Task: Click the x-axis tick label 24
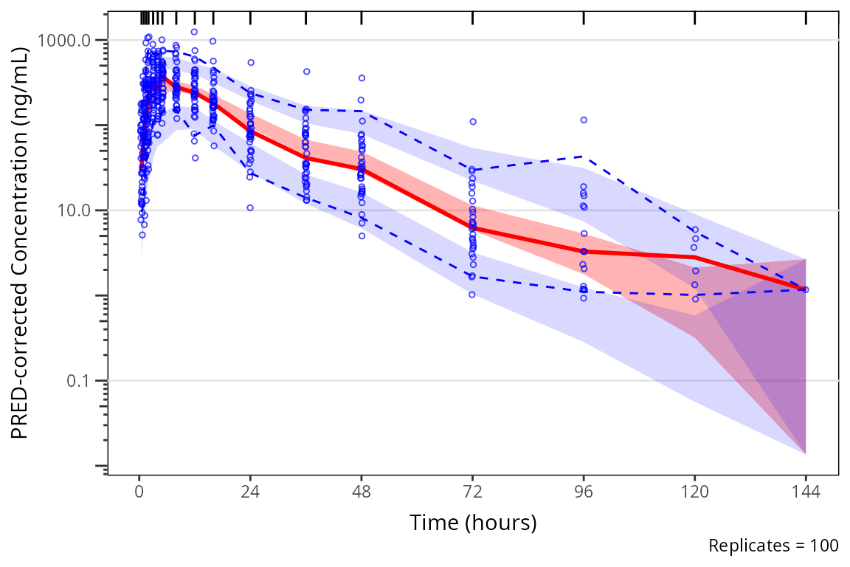pyautogui.click(x=250, y=492)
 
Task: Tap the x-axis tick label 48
pyautogui.click(x=362, y=492)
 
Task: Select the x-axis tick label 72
pyautogui.click(x=472, y=492)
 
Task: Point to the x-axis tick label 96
pyautogui.click(x=584, y=492)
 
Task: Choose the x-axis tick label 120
pyautogui.click(x=694, y=492)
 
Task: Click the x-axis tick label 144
pyautogui.click(x=806, y=492)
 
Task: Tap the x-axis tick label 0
pyautogui.click(x=139, y=492)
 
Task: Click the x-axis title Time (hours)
pyautogui.click(x=473, y=523)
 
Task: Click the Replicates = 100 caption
pyautogui.click(x=773, y=546)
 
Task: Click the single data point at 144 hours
pyautogui.click(x=806, y=289)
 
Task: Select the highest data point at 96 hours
pyautogui.click(x=584, y=120)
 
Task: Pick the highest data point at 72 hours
pyautogui.click(x=472, y=121)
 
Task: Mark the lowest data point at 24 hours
pyautogui.click(x=250, y=207)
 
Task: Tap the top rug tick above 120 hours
pyautogui.click(x=694, y=18)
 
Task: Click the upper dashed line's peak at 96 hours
pyautogui.click(x=584, y=156)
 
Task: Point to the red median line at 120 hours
pyautogui.click(x=694, y=257)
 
